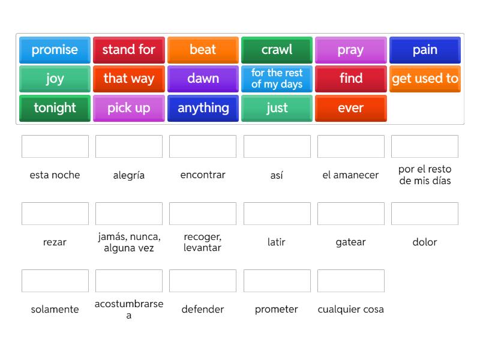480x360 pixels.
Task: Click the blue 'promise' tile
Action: point(55,50)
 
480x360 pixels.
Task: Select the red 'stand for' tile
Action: point(129,50)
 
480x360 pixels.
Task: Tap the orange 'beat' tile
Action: point(203,50)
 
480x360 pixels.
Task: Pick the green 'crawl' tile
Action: point(277,50)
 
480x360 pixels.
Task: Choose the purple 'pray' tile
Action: point(351,50)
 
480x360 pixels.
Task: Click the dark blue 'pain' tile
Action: point(425,50)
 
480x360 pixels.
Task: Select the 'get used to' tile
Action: point(425,79)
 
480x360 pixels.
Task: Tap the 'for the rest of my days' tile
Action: point(277,79)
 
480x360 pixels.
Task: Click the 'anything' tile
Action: point(203,108)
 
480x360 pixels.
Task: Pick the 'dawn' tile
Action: point(203,79)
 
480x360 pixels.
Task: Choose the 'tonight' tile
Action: point(55,108)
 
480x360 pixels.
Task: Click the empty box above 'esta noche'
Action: point(55,146)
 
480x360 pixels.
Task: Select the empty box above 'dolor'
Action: point(425,214)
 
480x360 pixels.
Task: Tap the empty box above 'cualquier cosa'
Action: point(351,281)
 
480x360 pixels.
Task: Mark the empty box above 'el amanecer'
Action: point(351,146)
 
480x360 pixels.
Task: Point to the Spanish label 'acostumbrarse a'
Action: point(129,309)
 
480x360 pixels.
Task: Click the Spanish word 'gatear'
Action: point(351,242)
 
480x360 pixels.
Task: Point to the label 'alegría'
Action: point(129,175)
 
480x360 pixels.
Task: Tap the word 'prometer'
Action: point(277,309)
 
